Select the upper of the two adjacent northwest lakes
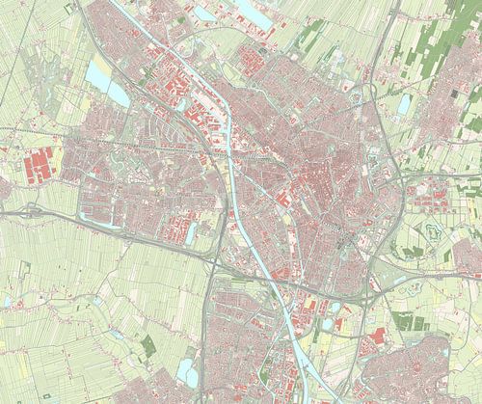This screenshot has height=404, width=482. [x=98, y=70]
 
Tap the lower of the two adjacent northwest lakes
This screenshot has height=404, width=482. [x=118, y=93]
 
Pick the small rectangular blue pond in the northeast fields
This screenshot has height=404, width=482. [x=404, y=103]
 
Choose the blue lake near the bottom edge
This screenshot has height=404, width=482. [x=188, y=371]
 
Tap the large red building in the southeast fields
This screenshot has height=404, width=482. [x=377, y=336]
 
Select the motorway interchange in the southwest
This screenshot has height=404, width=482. [x=209, y=258]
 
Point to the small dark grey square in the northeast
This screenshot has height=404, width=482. [x=454, y=94]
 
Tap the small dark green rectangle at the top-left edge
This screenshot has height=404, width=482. [x=68, y=9]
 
